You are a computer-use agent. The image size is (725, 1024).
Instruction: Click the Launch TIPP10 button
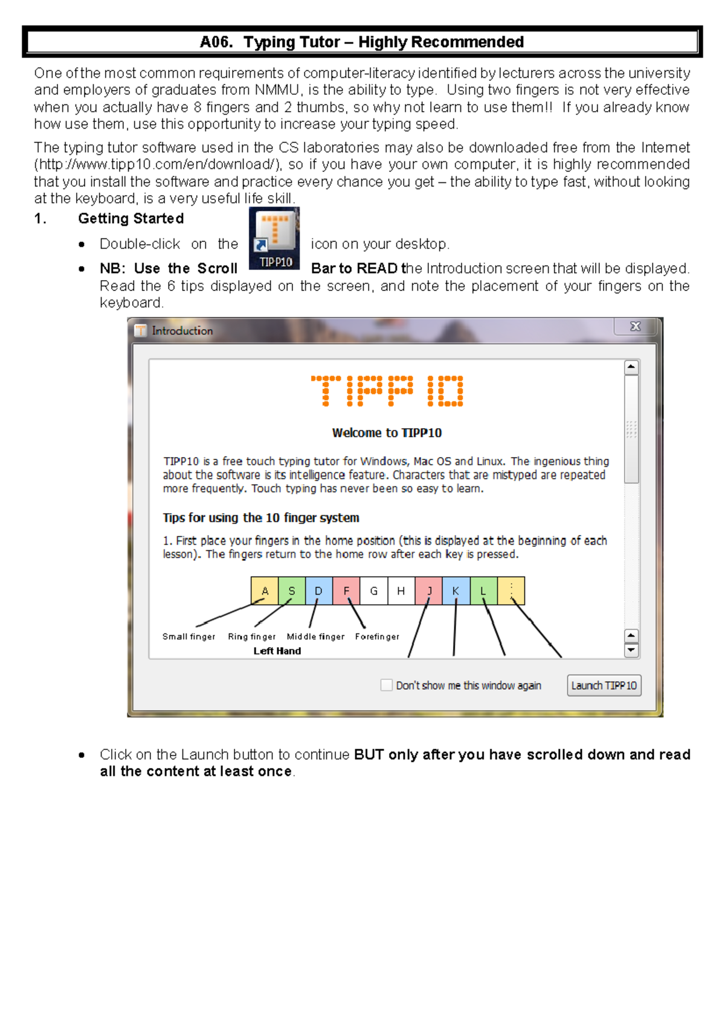click(x=604, y=685)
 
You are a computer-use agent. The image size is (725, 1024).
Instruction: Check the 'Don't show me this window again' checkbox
click(x=386, y=685)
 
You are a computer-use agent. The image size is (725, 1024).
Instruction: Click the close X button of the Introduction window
click(x=635, y=327)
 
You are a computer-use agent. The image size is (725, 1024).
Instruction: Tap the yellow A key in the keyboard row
click(x=265, y=590)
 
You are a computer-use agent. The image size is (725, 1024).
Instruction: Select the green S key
click(x=292, y=590)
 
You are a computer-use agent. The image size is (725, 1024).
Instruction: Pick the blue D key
click(x=319, y=590)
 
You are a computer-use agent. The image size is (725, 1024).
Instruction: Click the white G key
click(x=373, y=590)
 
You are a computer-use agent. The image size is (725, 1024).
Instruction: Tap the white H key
click(x=401, y=590)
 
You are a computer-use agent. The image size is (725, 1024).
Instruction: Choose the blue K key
click(x=456, y=590)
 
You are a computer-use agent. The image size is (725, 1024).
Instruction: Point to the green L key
click(x=483, y=590)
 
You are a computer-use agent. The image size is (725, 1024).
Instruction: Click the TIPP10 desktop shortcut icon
click(x=274, y=238)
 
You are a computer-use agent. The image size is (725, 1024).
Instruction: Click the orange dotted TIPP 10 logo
click(x=387, y=391)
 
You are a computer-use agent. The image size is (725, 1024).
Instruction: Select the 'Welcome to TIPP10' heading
click(x=387, y=433)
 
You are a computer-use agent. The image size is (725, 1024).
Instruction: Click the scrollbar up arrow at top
click(x=631, y=367)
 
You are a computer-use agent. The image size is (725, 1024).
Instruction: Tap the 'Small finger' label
click(x=188, y=636)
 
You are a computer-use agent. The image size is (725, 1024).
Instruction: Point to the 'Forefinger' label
click(x=377, y=636)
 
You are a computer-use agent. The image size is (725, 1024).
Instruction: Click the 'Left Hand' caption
click(x=277, y=651)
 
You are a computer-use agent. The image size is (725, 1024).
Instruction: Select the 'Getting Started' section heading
click(x=130, y=219)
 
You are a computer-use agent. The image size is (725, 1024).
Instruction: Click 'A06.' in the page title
click(x=216, y=42)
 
